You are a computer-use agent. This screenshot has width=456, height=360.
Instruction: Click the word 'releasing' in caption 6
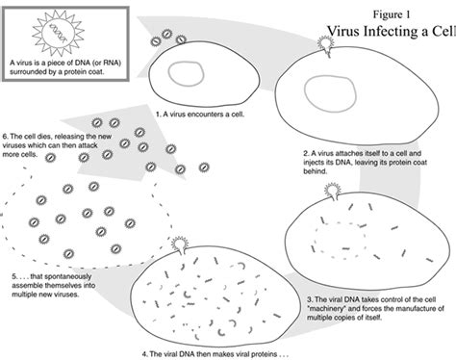70,138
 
